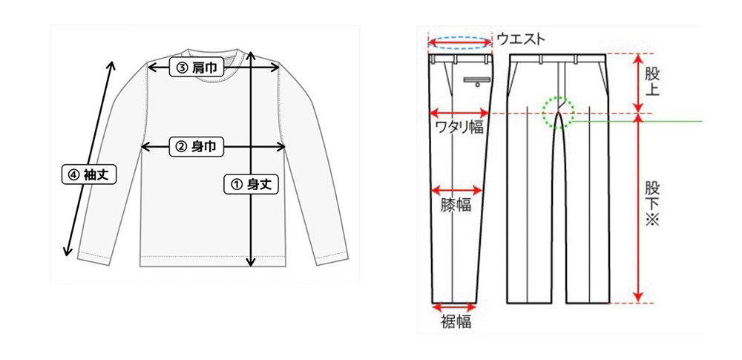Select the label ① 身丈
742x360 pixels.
(x=251, y=184)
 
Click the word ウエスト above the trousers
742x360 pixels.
(x=521, y=39)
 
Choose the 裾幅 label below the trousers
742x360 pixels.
(x=454, y=321)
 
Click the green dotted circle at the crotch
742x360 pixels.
(x=558, y=112)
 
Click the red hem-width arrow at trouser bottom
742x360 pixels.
(x=454, y=305)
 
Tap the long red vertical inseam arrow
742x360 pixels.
(x=637, y=208)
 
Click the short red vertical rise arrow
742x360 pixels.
(x=637, y=83)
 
